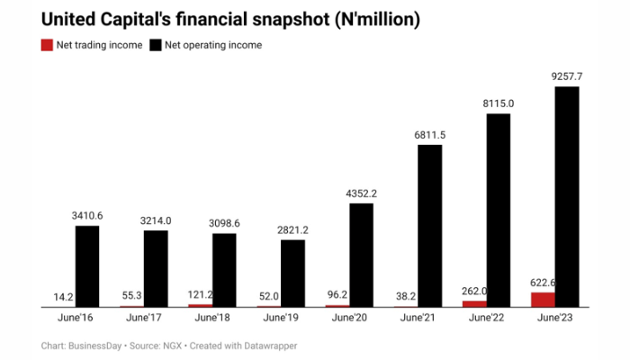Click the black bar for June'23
tap(566, 197)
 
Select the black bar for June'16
tap(87, 266)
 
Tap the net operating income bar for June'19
tap(292, 274)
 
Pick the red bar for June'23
tap(543, 300)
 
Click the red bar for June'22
tap(474, 304)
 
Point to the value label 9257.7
tap(566, 76)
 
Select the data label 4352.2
tap(361, 193)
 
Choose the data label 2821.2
tap(292, 229)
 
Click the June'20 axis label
tap(349, 318)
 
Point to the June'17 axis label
tap(144, 318)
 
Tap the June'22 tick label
tap(486, 318)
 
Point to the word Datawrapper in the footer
tap(266, 346)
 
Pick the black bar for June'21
tap(429, 226)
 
